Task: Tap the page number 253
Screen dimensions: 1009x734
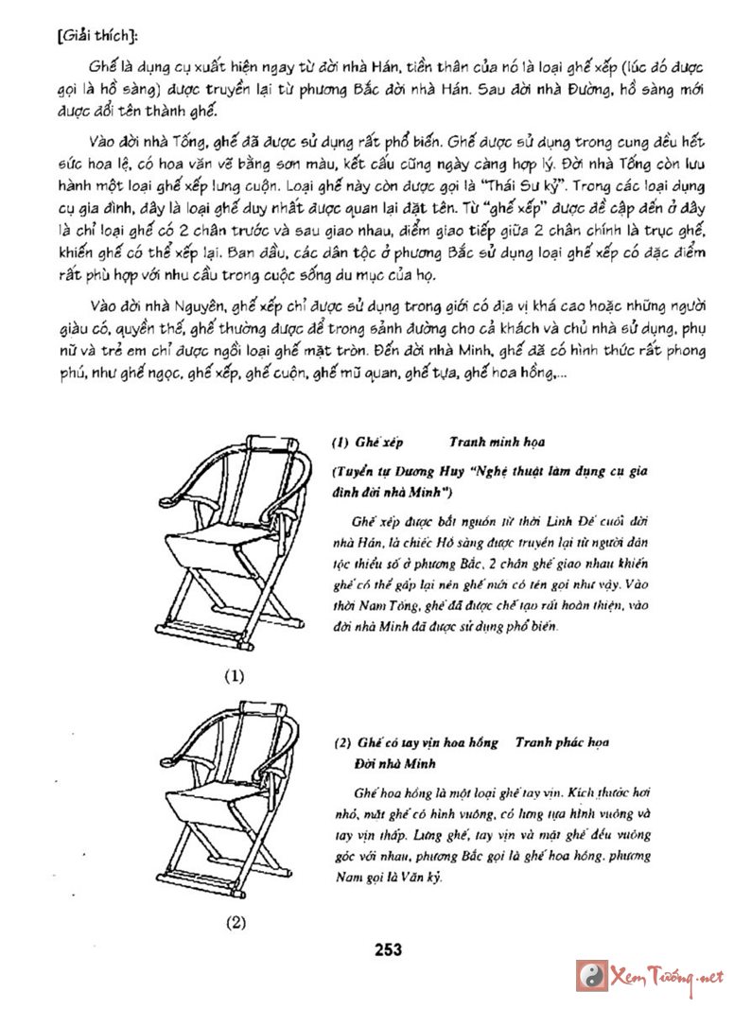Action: [x=388, y=949]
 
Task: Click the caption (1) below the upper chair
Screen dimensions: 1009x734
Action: [x=235, y=676]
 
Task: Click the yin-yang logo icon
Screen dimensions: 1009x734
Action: [x=591, y=976]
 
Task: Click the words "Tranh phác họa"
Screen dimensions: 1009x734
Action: [x=562, y=743]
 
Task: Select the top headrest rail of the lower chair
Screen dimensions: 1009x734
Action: [x=259, y=706]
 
